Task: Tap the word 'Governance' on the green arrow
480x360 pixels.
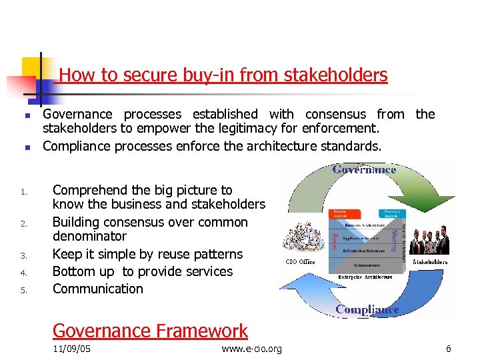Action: (364, 170)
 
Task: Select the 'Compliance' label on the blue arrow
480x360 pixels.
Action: (367, 309)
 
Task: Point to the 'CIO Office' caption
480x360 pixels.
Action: (301, 262)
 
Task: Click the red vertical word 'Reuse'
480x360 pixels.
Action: (334, 241)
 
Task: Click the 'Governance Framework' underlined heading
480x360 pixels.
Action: (150, 331)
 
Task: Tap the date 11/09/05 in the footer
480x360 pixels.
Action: (71, 349)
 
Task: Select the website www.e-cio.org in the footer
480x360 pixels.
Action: (251, 349)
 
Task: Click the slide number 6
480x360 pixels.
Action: (449, 349)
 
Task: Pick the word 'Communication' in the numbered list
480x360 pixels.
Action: (98, 289)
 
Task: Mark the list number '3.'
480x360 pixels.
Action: (23, 255)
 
